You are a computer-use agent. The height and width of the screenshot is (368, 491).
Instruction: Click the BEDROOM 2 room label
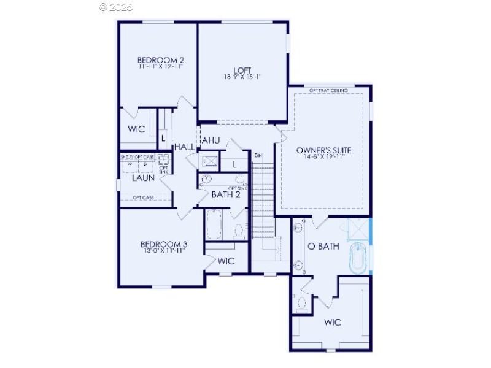tap(161, 60)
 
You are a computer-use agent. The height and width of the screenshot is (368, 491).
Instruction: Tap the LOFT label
tap(242, 70)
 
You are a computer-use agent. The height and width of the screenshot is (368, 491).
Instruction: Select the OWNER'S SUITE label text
tap(323, 150)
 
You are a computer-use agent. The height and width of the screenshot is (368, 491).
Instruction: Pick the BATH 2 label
tap(225, 195)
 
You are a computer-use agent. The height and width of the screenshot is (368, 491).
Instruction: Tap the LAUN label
tap(143, 178)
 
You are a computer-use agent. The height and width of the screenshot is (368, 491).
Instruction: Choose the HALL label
tap(184, 147)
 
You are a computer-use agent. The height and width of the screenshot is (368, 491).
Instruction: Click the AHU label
tap(210, 140)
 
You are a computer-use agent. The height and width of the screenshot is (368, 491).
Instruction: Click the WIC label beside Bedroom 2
tap(136, 129)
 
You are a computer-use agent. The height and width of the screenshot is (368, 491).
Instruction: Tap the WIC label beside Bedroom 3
tap(226, 261)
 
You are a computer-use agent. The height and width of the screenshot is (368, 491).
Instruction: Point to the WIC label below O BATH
tap(332, 322)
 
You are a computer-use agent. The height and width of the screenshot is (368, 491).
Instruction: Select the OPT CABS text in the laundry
tap(143, 197)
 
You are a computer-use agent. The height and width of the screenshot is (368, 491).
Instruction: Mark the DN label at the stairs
tap(258, 156)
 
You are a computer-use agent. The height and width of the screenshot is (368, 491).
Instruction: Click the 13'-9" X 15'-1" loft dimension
tap(242, 77)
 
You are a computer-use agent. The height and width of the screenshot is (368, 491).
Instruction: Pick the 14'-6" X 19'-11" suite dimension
tap(323, 157)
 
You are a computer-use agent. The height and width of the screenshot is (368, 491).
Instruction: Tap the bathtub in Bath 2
tap(214, 226)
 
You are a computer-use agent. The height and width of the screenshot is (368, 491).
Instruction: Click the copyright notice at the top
tap(116, 7)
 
